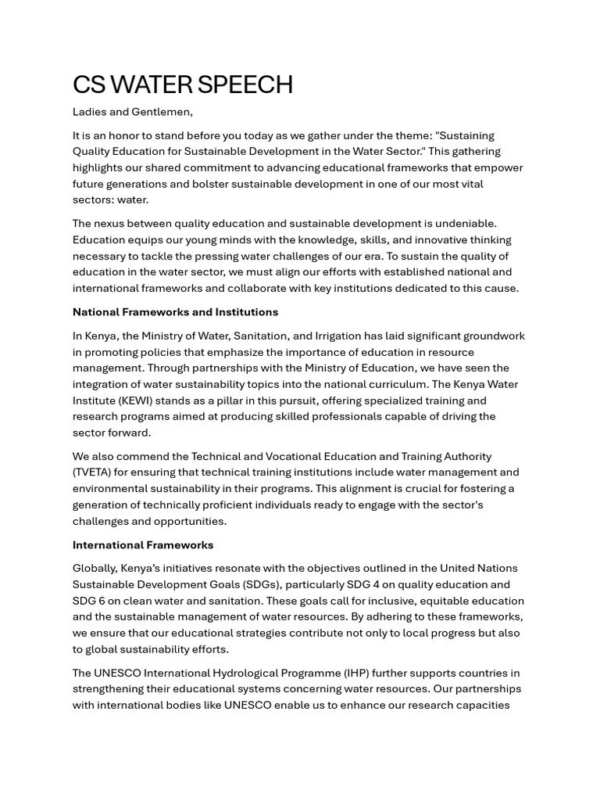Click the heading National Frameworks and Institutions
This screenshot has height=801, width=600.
point(175,312)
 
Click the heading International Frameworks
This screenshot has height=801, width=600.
point(143,545)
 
